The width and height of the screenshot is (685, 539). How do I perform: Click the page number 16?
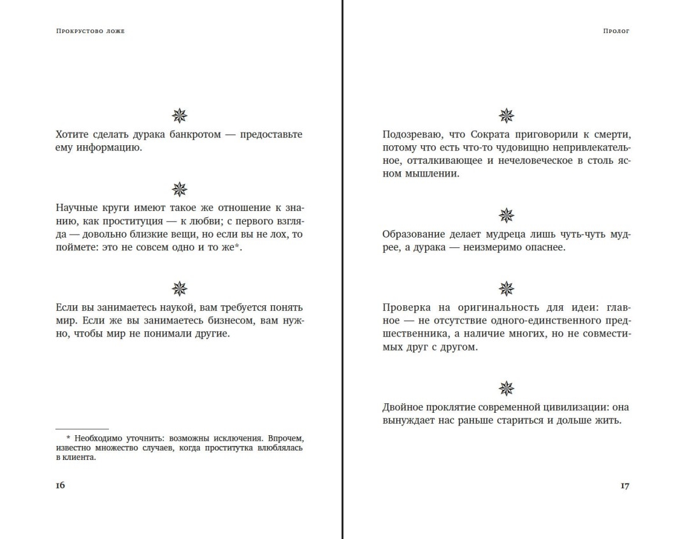click(60, 485)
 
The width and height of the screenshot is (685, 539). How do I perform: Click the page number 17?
click(624, 485)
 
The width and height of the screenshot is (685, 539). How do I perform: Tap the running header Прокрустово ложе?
click(90, 31)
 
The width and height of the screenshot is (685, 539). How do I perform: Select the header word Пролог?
click(616, 31)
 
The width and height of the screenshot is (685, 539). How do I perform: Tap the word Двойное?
click(403, 408)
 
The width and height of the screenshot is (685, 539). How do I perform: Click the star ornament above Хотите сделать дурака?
click(180, 115)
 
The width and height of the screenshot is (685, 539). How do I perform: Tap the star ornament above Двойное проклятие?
click(507, 388)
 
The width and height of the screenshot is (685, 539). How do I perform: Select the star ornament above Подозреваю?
click(507, 115)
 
